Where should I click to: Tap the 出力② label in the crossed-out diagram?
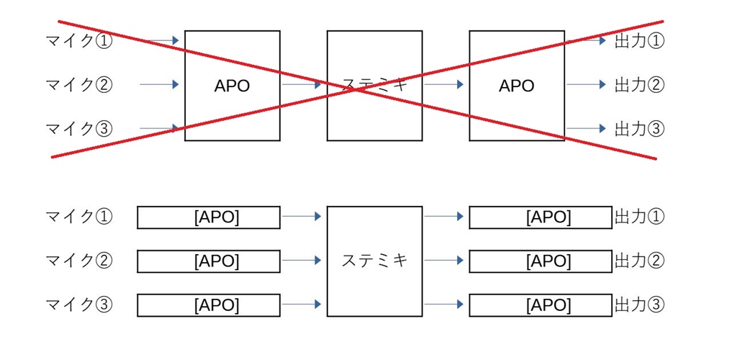click(x=639, y=85)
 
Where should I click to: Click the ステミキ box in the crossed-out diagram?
click(x=374, y=86)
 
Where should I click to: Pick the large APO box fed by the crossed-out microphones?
click(x=232, y=86)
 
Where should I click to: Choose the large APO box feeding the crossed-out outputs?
click(x=517, y=86)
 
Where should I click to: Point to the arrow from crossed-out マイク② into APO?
click(x=159, y=85)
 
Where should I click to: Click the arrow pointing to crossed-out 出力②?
click(x=587, y=85)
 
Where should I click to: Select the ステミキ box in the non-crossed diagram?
click(x=374, y=261)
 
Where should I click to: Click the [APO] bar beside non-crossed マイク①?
click(x=209, y=217)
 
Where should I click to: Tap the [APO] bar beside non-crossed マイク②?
click(x=209, y=261)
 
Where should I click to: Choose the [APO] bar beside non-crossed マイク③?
click(x=209, y=305)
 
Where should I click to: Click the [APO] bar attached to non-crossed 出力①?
click(x=541, y=217)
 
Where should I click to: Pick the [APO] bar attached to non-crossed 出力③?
click(x=541, y=305)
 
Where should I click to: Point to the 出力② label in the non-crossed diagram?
click(x=639, y=261)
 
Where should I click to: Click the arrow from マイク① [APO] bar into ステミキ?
click(x=302, y=215)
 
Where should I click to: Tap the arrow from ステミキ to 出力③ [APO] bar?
click(x=443, y=304)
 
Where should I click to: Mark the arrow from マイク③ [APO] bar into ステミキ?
click(x=302, y=304)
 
